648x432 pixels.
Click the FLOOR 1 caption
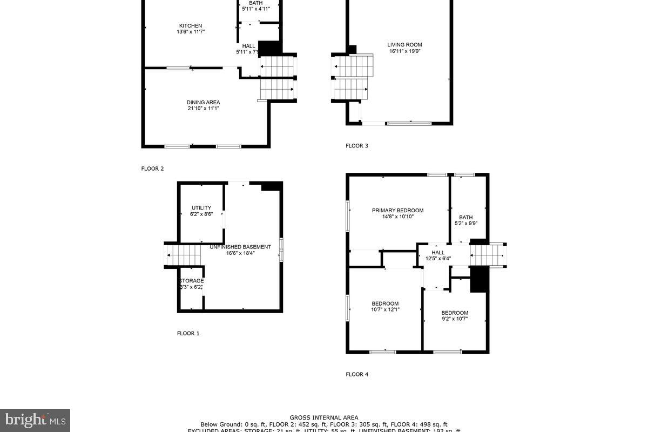[x=188, y=333]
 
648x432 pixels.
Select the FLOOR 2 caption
[x=152, y=168]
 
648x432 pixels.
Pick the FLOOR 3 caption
[x=356, y=145]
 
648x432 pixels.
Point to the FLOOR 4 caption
[x=356, y=374]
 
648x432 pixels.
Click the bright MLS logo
[x=35, y=420]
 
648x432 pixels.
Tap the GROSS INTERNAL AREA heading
[x=323, y=417]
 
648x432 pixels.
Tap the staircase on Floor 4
[x=487, y=254]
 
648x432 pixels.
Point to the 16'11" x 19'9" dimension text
[x=404, y=51]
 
